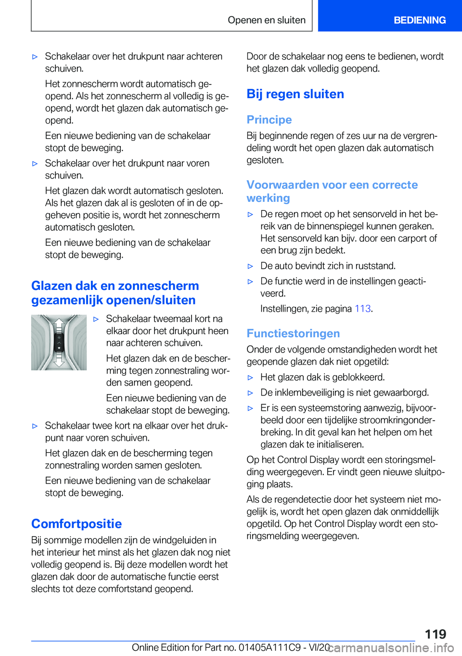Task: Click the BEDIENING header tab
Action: pos(419,20)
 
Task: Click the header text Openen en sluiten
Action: pos(267,20)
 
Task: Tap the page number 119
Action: pos(435,634)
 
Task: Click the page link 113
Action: pos(362,309)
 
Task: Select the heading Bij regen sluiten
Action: pos(295,94)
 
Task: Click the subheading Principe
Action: pos(269,119)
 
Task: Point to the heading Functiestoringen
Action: pos(293,333)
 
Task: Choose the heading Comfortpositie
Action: pos(77,524)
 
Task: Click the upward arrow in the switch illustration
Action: pos(59,324)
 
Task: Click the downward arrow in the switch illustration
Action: pos(59,360)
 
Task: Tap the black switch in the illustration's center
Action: pos(59,342)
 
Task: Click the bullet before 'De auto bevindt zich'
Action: pos(250,266)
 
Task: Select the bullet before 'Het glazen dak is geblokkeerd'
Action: pos(250,378)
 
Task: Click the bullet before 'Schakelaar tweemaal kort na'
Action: pos(96,319)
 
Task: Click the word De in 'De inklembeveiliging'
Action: pos(266,393)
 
